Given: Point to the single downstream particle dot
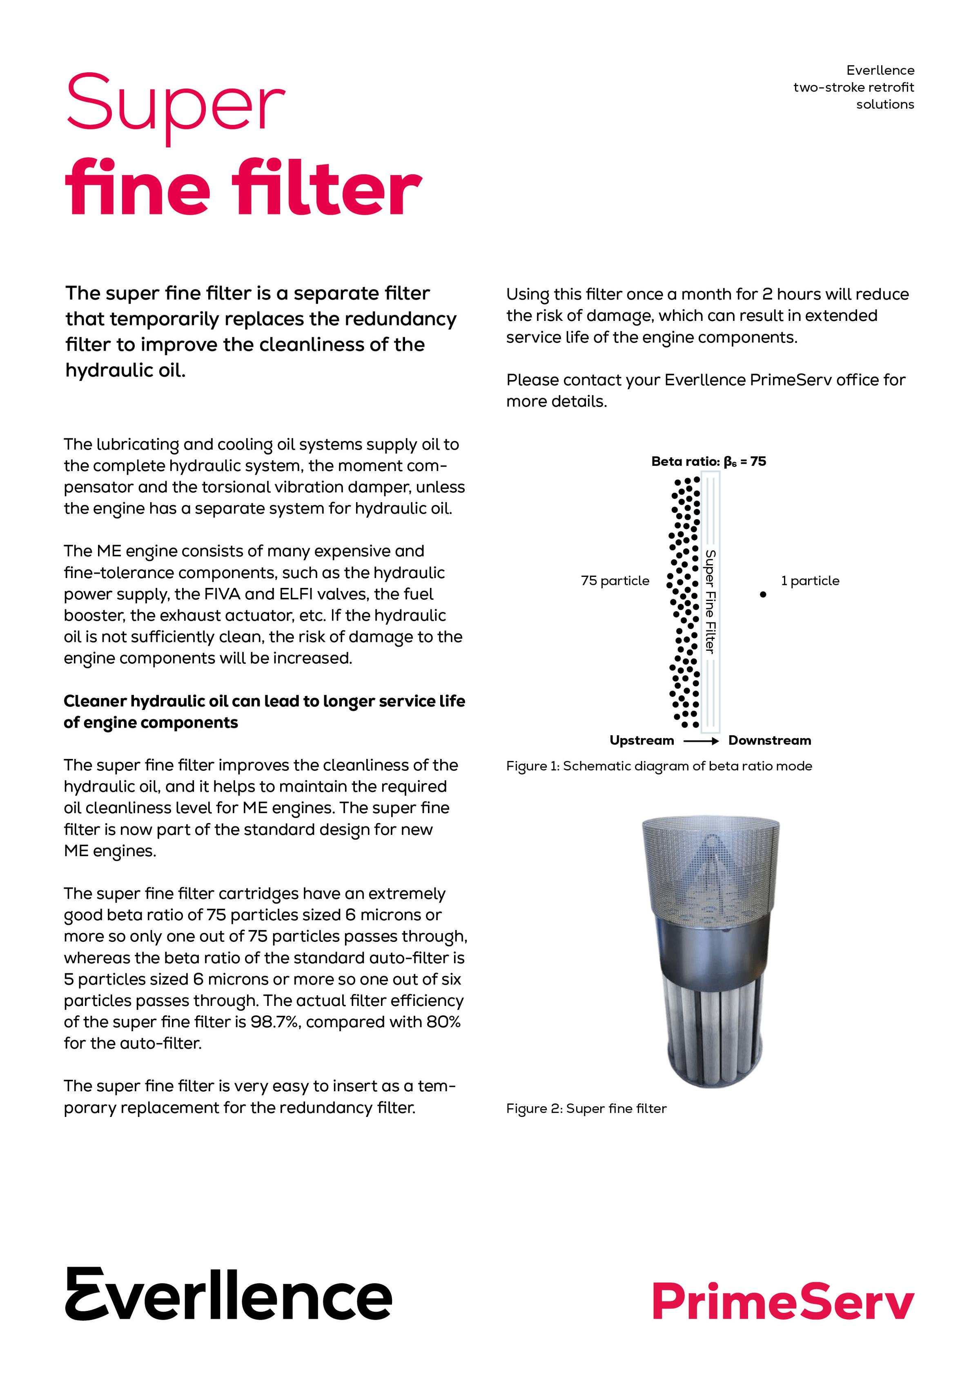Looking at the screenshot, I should [763, 594].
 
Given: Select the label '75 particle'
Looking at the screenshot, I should [615, 581].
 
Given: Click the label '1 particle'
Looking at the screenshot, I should [810, 581].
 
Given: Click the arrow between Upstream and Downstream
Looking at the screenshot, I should [701, 741].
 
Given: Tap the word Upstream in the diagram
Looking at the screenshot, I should [641, 741].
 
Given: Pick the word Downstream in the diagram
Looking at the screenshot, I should [769, 741].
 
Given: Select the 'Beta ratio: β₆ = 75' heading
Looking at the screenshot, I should [708, 462].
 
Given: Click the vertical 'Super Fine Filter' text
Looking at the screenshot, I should [710, 601].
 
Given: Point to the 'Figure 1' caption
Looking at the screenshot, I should [659, 766].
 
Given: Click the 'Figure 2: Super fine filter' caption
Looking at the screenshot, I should [586, 1108].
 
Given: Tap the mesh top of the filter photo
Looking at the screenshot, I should [710, 863].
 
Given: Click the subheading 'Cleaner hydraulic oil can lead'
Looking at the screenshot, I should [264, 701].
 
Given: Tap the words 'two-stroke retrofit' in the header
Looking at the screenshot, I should [853, 87].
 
